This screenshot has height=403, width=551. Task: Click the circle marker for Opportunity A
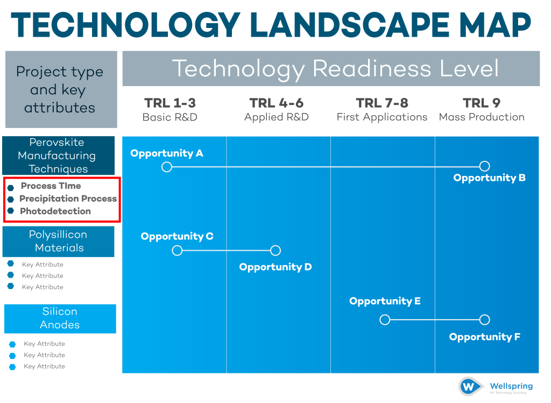pyautogui.click(x=167, y=167)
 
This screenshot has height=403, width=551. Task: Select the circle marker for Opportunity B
pyautogui.click(x=484, y=166)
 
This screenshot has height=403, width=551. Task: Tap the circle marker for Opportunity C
pyautogui.click(x=177, y=250)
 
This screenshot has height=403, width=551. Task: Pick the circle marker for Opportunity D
pyautogui.click(x=275, y=250)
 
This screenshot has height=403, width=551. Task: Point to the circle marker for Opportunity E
pyautogui.click(x=385, y=320)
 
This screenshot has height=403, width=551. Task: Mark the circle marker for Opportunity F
pyautogui.click(x=484, y=320)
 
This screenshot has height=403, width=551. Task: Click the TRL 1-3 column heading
pyautogui.click(x=169, y=103)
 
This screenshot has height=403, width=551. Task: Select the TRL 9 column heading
pyautogui.click(x=482, y=103)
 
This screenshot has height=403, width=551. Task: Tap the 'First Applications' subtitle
pyautogui.click(x=382, y=117)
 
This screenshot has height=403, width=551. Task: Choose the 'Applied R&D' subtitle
pyautogui.click(x=277, y=117)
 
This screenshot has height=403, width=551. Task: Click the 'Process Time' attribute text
pyautogui.click(x=51, y=186)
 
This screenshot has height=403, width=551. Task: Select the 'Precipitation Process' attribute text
pyautogui.click(x=68, y=199)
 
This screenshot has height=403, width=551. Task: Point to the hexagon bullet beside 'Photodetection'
pyautogui.click(x=11, y=211)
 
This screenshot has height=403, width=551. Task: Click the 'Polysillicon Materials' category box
pyautogui.click(x=59, y=242)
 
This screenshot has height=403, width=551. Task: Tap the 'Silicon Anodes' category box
pyautogui.click(x=60, y=319)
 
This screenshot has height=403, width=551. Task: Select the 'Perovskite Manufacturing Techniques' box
pyautogui.click(x=59, y=155)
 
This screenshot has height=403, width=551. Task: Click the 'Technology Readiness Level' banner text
pyautogui.click(x=335, y=69)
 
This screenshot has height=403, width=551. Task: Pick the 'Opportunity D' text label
pyautogui.click(x=275, y=267)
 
